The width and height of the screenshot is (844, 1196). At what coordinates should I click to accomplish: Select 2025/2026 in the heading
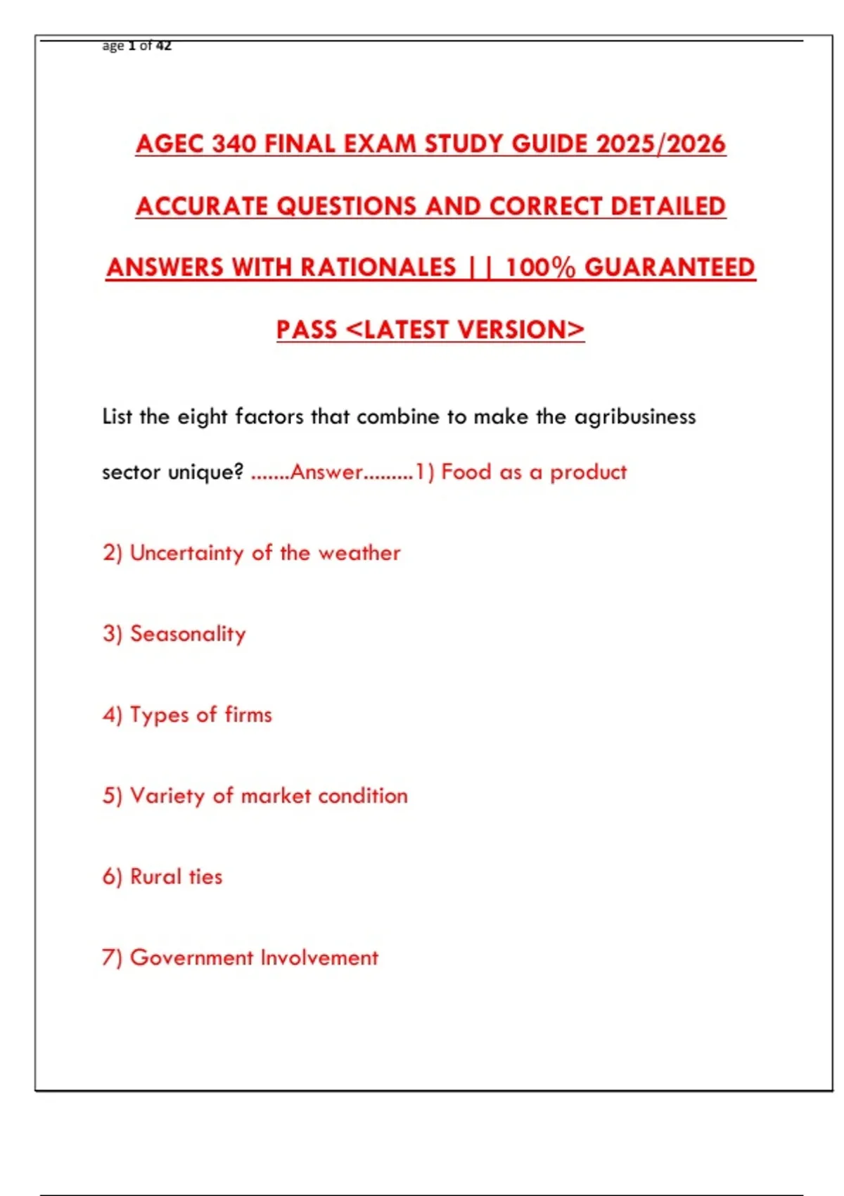pos(660,144)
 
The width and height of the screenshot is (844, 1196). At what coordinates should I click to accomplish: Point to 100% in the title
pos(540,267)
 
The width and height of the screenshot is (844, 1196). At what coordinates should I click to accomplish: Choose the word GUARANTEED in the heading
pos(670,267)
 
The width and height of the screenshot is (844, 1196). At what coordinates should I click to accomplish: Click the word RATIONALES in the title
pos(378,267)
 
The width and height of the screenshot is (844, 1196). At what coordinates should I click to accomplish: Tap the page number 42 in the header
pos(164,46)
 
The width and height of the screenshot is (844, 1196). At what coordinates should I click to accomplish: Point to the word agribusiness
pos(635,417)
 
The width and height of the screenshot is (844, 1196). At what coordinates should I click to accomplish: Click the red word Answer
pos(326,472)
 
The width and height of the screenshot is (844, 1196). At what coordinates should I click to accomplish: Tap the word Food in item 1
pos(466,472)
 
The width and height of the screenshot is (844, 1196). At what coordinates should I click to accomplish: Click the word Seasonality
pos(188,634)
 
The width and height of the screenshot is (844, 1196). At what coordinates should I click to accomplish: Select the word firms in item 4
pos(248,715)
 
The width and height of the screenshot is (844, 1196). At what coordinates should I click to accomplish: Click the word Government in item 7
pos(191,958)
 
